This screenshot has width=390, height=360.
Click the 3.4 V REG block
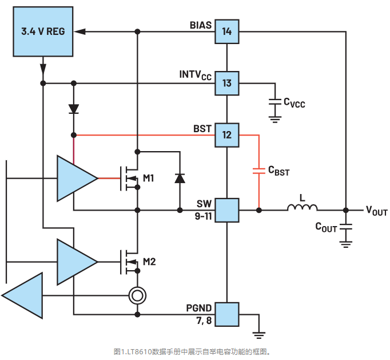tap(43, 31)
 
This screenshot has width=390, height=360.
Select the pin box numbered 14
tap(227, 31)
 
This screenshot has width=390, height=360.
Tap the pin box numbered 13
tap(227, 84)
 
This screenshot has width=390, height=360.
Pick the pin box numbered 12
tap(227, 135)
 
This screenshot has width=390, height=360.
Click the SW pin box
tap(227, 210)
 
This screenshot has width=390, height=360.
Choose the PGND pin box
tap(227, 314)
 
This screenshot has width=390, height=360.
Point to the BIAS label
tap(201, 26)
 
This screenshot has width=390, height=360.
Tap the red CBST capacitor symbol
tap(259, 171)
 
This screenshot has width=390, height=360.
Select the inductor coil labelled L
tap(302, 209)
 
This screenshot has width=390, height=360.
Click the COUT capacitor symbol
tap(345, 227)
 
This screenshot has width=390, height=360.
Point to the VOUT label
tap(376, 211)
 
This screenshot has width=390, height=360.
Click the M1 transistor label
tap(149, 179)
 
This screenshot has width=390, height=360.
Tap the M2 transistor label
tap(149, 262)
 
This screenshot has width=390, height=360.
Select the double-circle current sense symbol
tap(137, 295)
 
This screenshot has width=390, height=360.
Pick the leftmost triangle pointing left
tap(23, 295)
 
